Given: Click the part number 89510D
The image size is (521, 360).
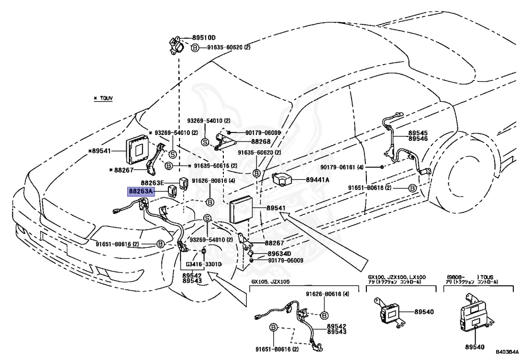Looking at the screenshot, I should point(204,38).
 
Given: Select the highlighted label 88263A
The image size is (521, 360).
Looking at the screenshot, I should point(140,191).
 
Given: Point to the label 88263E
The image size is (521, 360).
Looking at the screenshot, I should point(152,182).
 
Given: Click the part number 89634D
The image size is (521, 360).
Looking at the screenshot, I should point(280,254).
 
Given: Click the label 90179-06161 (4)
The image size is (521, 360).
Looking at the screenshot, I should point(349,167).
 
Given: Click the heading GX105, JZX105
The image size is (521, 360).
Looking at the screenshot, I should point(270,282).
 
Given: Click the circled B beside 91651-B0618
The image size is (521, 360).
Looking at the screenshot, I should point(413,188).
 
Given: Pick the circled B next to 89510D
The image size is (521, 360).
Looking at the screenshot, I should point(195,48).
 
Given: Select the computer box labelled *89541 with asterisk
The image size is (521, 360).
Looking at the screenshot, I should point(137,148).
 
